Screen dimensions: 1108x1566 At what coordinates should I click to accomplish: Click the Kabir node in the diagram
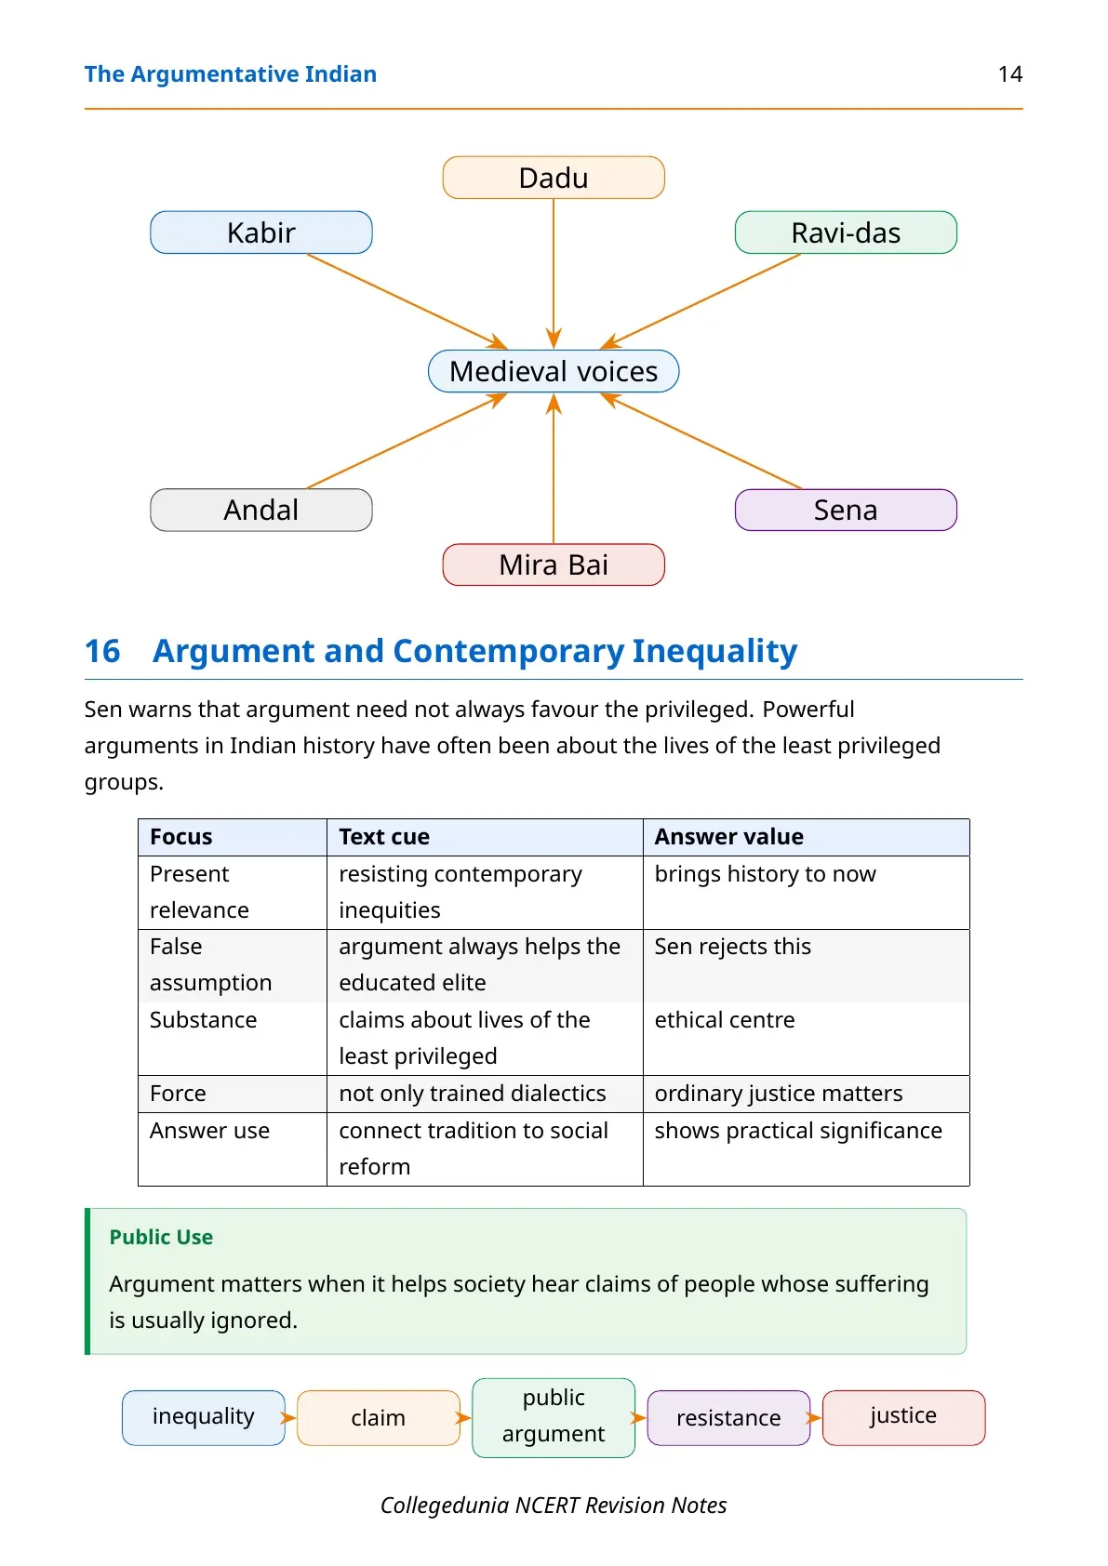[260, 232]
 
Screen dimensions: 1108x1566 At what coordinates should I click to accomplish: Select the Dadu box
[554, 178]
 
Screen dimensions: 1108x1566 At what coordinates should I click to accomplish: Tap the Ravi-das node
[846, 232]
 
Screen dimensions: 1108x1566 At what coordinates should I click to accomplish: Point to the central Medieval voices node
[554, 371]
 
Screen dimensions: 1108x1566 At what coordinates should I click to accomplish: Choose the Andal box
[260, 510]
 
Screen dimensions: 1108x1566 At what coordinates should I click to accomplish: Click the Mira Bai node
[554, 564]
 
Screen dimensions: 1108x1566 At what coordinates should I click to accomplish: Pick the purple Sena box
[846, 510]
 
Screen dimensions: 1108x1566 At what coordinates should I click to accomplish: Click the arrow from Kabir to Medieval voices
[407, 300]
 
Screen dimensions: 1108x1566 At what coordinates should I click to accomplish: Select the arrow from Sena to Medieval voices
[701, 441]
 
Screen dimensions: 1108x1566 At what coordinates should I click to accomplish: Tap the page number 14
[1010, 74]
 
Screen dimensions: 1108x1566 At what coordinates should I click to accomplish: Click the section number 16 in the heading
[102, 651]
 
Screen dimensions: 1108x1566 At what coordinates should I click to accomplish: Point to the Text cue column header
[384, 837]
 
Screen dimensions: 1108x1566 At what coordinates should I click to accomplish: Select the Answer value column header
[728, 837]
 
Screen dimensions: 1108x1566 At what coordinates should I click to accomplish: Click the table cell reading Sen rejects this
[732, 946]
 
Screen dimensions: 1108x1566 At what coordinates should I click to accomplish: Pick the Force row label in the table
[178, 1093]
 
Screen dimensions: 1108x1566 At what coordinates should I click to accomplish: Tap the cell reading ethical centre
[725, 1019]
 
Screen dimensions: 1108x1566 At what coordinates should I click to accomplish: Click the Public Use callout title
[161, 1237]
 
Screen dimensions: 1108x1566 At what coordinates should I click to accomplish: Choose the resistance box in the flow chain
[728, 1418]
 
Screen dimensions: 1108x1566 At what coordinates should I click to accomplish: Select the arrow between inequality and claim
[289, 1418]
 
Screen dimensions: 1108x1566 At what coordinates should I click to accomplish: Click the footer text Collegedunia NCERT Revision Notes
[554, 1505]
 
